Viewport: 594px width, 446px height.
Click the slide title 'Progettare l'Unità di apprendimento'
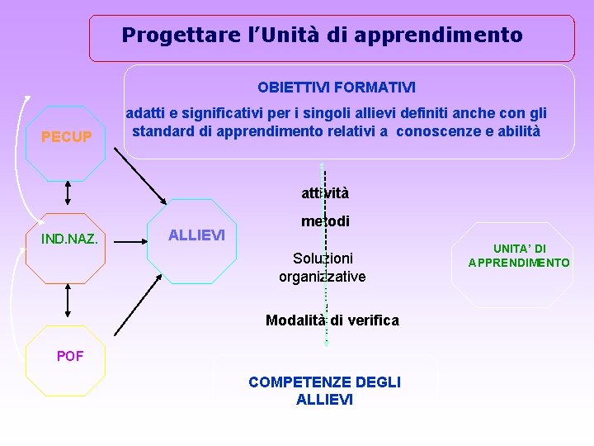[x=322, y=36]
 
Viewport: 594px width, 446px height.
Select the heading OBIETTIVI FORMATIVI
[x=337, y=87]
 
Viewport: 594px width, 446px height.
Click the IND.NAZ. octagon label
[x=70, y=240]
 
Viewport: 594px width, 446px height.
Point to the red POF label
[x=69, y=356]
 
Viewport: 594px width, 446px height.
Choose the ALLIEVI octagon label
[x=196, y=235]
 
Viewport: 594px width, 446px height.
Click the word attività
[x=325, y=193]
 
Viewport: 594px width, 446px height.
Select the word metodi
[x=325, y=221]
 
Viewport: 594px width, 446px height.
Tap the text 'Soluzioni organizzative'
[x=323, y=268]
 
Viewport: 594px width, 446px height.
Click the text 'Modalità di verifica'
[x=332, y=320]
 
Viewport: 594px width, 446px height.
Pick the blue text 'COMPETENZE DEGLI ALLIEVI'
[x=324, y=391]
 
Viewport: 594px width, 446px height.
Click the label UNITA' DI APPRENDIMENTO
[x=519, y=256]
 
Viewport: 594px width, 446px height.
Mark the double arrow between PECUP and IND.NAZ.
[x=68, y=192]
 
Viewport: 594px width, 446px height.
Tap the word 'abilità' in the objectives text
[x=516, y=130]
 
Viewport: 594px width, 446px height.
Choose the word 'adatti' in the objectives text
[x=144, y=113]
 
